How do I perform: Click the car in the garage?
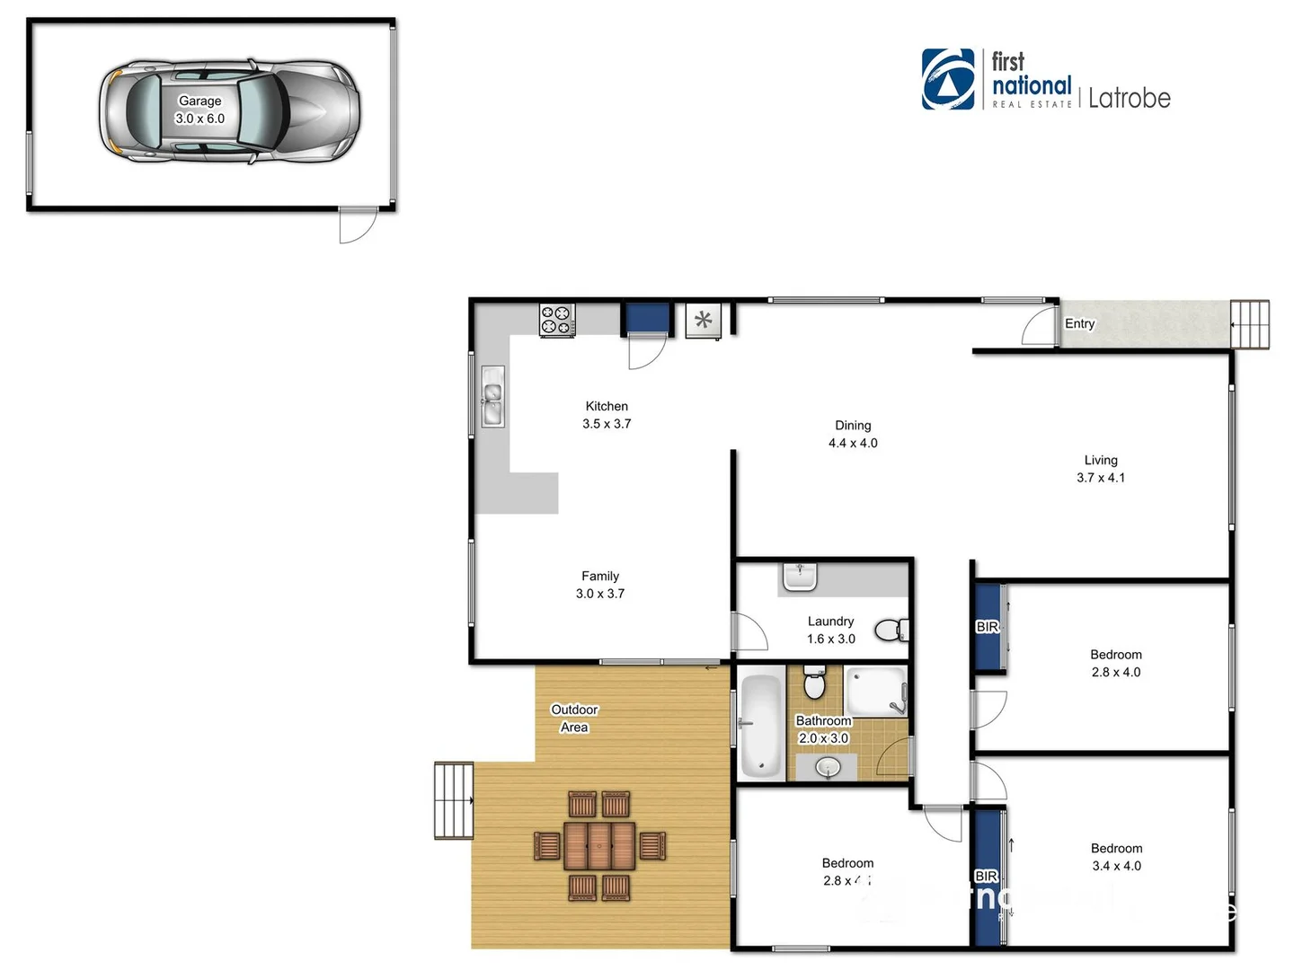point(230,111)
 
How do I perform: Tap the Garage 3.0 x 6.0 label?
point(199,110)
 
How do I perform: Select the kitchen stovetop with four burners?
point(556,321)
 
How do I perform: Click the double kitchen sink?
point(492,396)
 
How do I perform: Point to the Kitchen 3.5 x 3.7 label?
point(607,415)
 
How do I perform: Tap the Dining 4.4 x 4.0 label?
point(853,434)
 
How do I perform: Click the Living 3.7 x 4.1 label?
point(1101,469)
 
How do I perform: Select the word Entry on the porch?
point(1079,323)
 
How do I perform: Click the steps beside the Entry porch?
point(1250,324)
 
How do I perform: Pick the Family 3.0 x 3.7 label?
point(600,585)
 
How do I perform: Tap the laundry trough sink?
point(799,577)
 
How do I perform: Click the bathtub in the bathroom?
point(761,726)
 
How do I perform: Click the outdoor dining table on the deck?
point(599,846)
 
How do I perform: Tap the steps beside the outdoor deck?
point(454,800)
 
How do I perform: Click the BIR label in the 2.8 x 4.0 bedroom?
point(987,627)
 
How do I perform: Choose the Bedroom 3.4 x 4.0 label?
point(1116,857)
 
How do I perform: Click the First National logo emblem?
point(948,79)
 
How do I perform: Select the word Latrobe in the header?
point(1129,98)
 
